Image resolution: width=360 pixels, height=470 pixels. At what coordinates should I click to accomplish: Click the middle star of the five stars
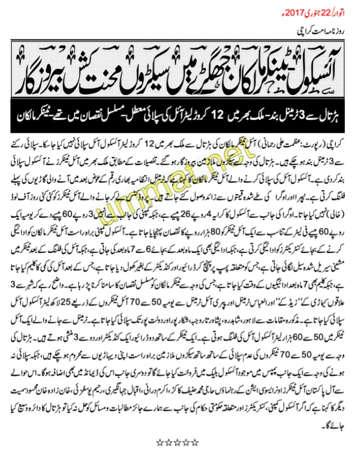point(177,442)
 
